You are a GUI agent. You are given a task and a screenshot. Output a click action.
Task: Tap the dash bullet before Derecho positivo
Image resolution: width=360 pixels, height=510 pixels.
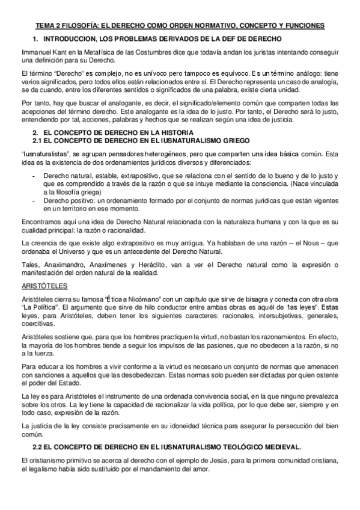coord(32,200)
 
